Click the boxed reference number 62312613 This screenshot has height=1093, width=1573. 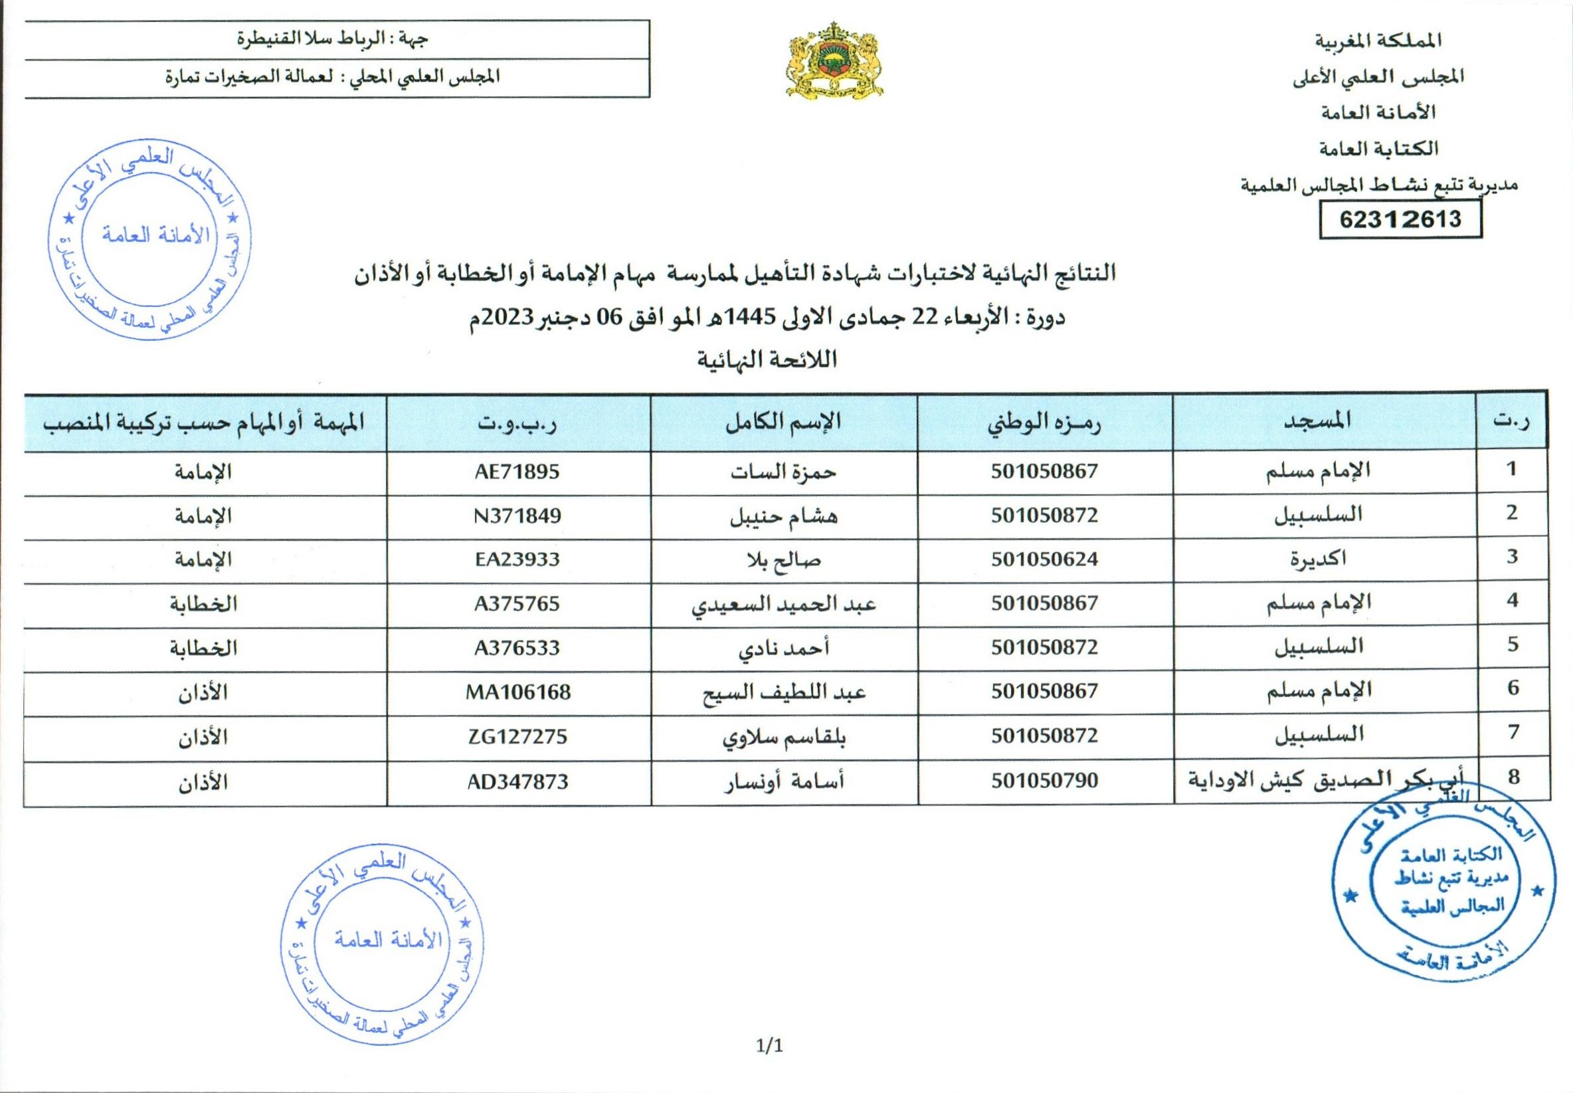tap(1400, 219)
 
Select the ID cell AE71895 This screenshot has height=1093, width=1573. tap(517, 472)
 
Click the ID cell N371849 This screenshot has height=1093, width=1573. tap(517, 516)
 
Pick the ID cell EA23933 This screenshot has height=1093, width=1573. tap(517, 559)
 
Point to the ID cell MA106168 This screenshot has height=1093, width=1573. tap(517, 692)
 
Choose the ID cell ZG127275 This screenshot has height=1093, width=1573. tap(517, 736)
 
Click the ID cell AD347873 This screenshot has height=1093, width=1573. tap(517, 781)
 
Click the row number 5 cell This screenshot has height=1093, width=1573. tap(1512, 645)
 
